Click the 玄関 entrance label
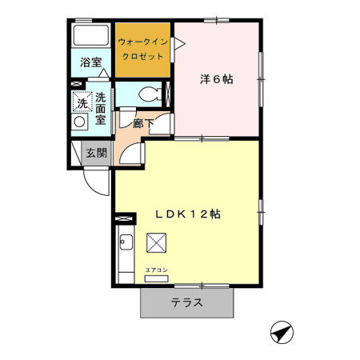96,153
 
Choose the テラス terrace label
186,303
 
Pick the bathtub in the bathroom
90,36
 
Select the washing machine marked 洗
82,102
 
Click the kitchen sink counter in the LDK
126,255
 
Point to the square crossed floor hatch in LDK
158,242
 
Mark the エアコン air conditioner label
156,270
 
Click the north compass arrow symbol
280,330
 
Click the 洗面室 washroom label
101,109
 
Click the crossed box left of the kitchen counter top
125,217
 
